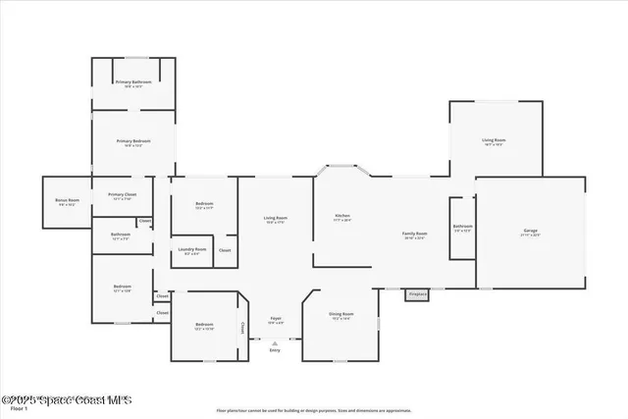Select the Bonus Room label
(x=67, y=200)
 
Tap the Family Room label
(x=414, y=234)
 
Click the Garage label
(x=530, y=233)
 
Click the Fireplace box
(x=416, y=293)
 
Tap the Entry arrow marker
(x=275, y=342)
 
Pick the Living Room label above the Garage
(x=494, y=140)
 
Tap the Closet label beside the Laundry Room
(x=225, y=250)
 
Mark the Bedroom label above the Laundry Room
(x=204, y=204)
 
